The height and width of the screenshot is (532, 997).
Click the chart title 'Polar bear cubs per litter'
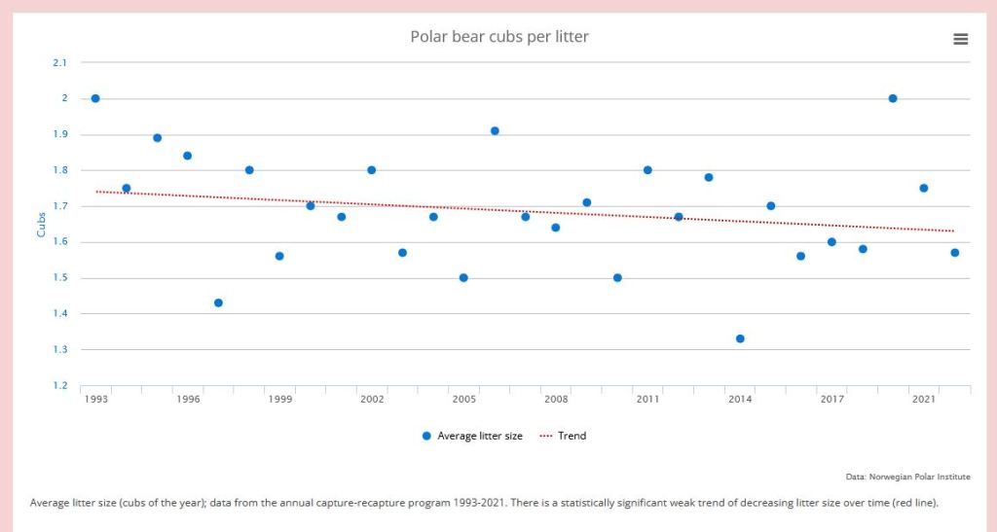[498, 37]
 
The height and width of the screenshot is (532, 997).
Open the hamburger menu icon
[960, 39]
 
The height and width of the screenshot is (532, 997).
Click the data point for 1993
[95, 98]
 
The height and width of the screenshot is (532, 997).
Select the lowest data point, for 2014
[740, 338]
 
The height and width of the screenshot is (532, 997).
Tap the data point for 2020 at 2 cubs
[893, 98]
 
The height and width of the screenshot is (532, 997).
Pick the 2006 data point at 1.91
[495, 130]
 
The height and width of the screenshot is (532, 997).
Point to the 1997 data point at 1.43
[218, 302]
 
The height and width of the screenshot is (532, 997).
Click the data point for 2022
[955, 253]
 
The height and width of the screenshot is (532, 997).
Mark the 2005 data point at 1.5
[463, 277]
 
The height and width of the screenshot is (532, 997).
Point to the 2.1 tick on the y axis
[60, 63]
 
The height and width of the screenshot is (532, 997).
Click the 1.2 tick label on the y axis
[60, 386]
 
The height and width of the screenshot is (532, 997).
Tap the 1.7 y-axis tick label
[60, 206]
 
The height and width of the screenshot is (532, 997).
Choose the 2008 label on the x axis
[556, 400]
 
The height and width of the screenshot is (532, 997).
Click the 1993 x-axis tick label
[95, 400]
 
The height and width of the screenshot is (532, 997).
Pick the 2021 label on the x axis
[924, 400]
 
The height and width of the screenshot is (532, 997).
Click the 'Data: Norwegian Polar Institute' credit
[908, 477]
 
